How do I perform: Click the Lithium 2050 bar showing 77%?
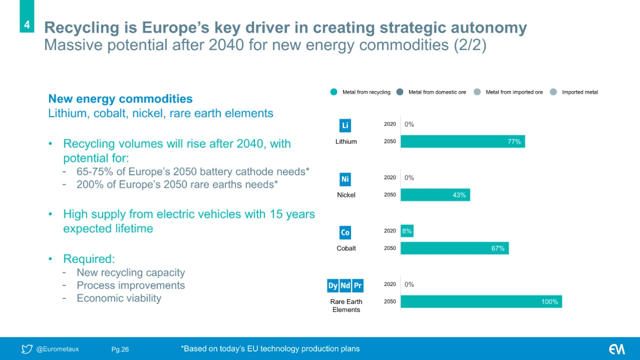tap(462, 141)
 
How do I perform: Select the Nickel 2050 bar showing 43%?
tap(435, 195)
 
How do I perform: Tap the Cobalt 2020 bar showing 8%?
tap(407, 231)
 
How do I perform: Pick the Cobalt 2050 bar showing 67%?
tap(454, 248)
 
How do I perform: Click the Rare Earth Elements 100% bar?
tap(481, 301)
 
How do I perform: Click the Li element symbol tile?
tap(345, 125)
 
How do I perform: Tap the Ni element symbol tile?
tap(345, 179)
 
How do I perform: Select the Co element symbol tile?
tap(345, 232)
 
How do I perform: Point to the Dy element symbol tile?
tap(332, 285)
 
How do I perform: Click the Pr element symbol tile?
tap(357, 285)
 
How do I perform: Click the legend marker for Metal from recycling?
tap(333, 92)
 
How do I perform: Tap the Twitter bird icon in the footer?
tap(27, 349)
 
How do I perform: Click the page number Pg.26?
tap(120, 349)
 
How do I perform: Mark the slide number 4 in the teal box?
tap(27, 24)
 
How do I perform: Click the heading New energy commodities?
tap(120, 99)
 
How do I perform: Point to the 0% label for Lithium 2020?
tap(409, 124)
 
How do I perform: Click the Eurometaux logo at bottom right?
tap(616, 349)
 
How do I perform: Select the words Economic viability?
tap(118, 298)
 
